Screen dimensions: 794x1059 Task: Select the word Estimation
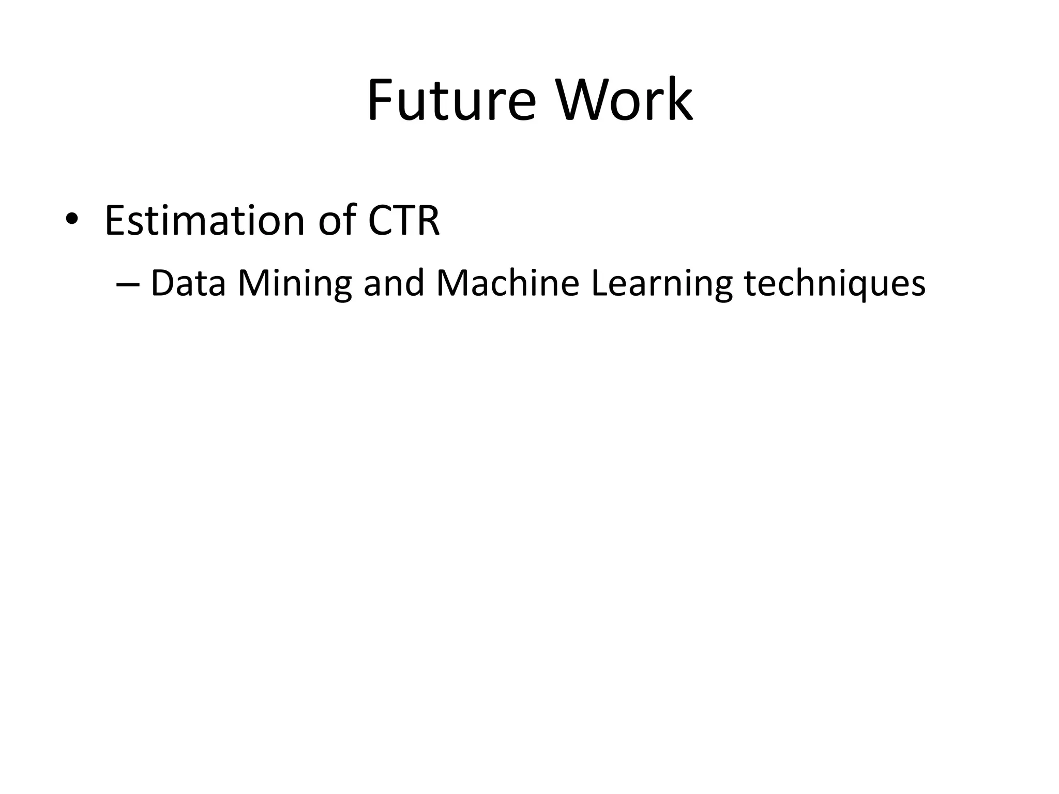tap(204, 221)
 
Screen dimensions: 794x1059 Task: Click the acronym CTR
tap(404, 221)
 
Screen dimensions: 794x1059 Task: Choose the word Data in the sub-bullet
tap(188, 283)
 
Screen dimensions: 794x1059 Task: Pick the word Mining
tap(294, 284)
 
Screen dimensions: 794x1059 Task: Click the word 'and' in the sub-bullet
tap(394, 283)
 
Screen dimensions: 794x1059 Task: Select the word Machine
tap(507, 283)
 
